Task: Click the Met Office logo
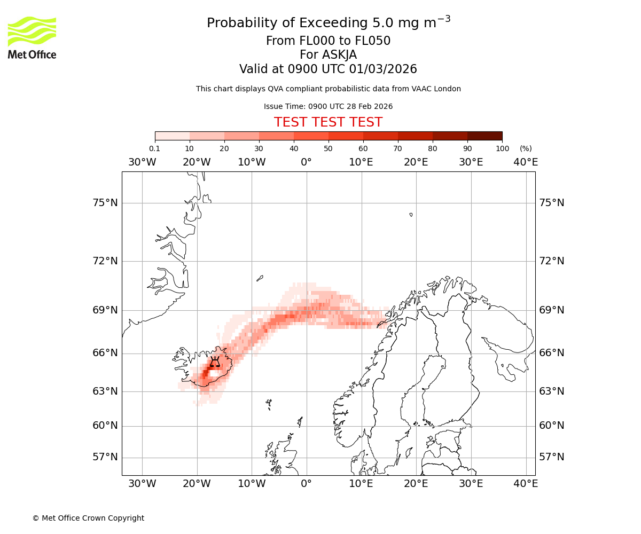(x=32, y=37)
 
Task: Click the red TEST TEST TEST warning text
(x=328, y=122)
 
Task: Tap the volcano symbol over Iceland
(x=215, y=362)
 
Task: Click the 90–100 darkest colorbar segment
(x=484, y=136)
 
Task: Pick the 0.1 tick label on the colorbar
(x=155, y=148)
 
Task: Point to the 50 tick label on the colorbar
(x=328, y=148)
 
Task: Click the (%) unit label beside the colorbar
(x=526, y=148)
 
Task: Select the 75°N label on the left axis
(x=105, y=203)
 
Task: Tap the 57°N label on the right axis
(x=552, y=457)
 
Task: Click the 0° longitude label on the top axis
(x=306, y=162)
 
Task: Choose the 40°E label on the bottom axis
(x=526, y=484)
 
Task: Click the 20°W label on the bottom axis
(x=197, y=484)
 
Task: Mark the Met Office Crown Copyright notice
(x=88, y=518)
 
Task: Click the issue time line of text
(x=328, y=106)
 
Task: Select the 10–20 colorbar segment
(x=207, y=136)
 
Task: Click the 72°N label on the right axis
(x=552, y=261)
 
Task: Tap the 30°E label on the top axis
(x=471, y=162)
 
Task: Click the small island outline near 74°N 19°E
(x=411, y=215)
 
